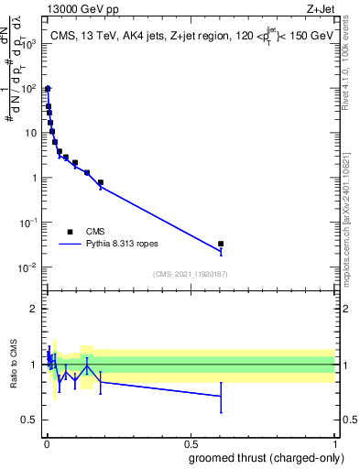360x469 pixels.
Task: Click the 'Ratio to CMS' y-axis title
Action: point(14,364)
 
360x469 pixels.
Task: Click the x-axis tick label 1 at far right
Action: point(334,443)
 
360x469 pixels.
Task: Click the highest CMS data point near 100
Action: point(48,89)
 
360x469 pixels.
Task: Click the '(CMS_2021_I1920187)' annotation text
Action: point(189,274)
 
